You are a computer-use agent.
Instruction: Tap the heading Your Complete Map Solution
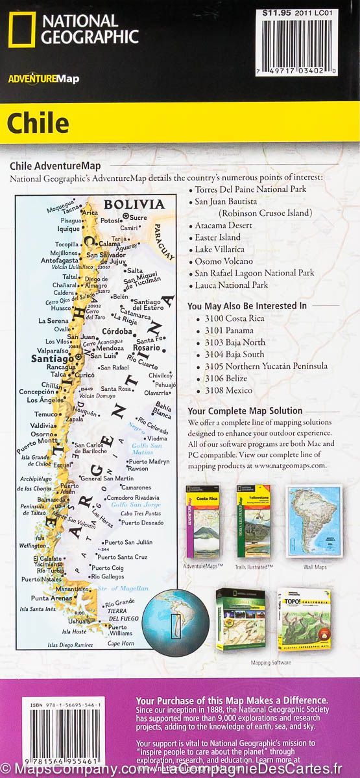(245, 410)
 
